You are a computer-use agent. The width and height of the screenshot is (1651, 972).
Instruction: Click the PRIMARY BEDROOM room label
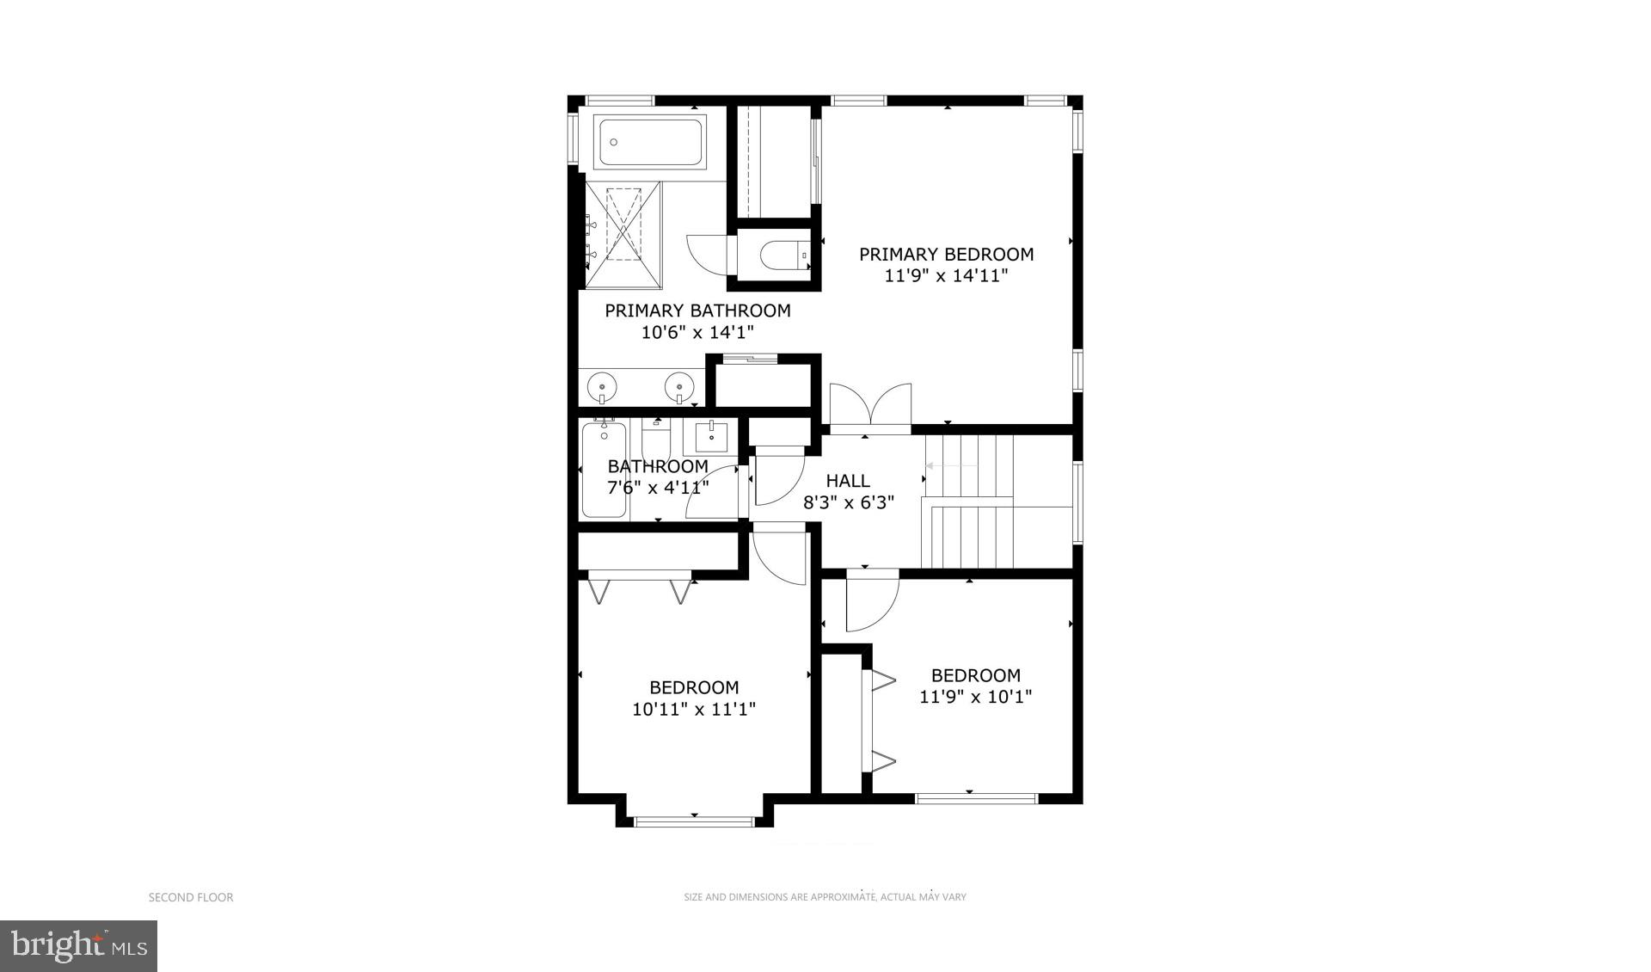click(x=946, y=255)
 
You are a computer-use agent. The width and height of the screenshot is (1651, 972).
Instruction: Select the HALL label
click(x=848, y=481)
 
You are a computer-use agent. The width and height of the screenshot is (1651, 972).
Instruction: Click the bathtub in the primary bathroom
click(x=651, y=142)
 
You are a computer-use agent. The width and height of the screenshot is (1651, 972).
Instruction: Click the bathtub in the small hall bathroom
click(x=604, y=470)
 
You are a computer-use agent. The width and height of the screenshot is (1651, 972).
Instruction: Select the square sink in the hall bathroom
click(x=711, y=437)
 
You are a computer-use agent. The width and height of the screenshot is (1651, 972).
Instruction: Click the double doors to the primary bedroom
click(x=869, y=404)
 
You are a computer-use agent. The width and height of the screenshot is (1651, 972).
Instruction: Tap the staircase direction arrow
click(x=950, y=466)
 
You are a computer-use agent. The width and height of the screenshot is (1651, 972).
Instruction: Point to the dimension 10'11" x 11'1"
click(x=694, y=710)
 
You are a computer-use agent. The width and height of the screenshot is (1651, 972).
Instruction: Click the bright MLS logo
click(x=78, y=946)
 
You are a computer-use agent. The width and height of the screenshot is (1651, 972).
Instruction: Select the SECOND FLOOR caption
click(x=191, y=897)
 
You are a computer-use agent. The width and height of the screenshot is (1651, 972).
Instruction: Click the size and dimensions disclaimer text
click(x=825, y=897)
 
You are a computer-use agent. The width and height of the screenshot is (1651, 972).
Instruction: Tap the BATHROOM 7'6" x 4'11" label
click(x=658, y=477)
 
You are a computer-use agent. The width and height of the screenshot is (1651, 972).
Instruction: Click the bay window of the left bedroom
click(x=694, y=821)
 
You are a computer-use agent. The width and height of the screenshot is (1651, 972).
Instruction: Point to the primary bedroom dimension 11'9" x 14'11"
click(x=946, y=276)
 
